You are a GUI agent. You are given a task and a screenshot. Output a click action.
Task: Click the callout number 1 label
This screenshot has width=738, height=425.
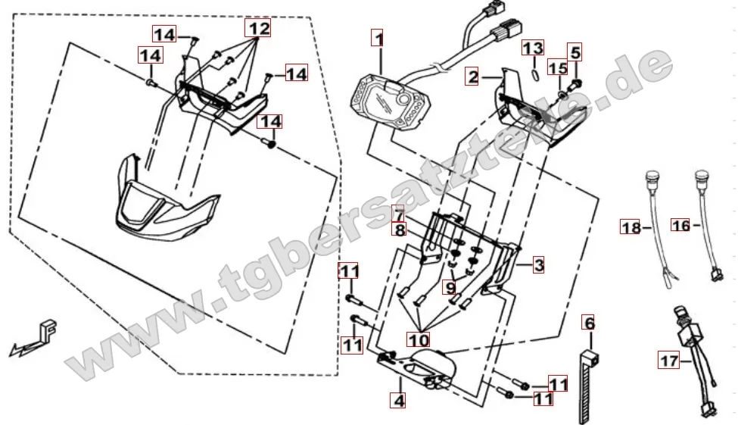[x=378, y=38]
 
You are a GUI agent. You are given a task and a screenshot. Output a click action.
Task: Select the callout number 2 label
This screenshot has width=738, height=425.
[x=472, y=77]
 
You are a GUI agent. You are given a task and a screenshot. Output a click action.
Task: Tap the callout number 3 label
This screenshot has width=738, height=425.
[x=538, y=264]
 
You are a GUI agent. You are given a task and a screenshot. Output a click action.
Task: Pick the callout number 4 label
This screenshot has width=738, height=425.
[x=398, y=401]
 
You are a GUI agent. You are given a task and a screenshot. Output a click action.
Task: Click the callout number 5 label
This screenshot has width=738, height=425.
[x=575, y=52]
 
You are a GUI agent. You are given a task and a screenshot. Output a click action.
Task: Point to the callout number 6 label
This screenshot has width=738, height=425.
[x=589, y=323]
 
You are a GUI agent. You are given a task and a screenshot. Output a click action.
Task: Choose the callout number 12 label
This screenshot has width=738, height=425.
[x=258, y=28]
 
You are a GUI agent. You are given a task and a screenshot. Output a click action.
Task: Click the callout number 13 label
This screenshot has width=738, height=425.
[x=533, y=48]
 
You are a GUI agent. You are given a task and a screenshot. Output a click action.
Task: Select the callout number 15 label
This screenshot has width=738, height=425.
[x=558, y=68]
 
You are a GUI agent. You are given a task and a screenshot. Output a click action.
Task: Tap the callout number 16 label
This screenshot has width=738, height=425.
[x=681, y=226]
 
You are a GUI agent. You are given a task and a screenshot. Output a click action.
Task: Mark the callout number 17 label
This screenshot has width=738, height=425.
[x=669, y=361]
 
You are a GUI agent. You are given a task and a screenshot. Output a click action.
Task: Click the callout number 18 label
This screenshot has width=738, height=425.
[x=631, y=227]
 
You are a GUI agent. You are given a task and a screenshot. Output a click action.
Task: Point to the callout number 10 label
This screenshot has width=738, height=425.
[x=419, y=339]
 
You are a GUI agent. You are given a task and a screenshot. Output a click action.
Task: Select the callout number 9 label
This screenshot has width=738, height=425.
[x=450, y=287]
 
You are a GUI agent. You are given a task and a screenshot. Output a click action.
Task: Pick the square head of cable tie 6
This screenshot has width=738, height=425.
[x=593, y=358]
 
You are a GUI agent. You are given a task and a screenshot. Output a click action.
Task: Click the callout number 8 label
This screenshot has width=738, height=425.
[x=399, y=230]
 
